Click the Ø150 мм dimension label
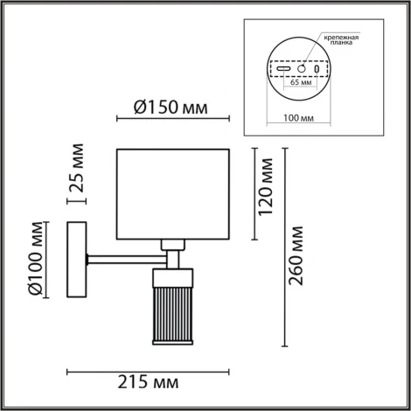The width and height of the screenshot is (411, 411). pyautogui.click(x=171, y=108)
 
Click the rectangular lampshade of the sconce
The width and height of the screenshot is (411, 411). pyautogui.click(x=172, y=193)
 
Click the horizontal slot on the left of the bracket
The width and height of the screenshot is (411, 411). pyautogui.click(x=283, y=66)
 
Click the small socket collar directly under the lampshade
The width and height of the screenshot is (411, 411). pyautogui.click(x=173, y=245)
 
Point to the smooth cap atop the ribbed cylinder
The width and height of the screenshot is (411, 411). pyautogui.click(x=174, y=276)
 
